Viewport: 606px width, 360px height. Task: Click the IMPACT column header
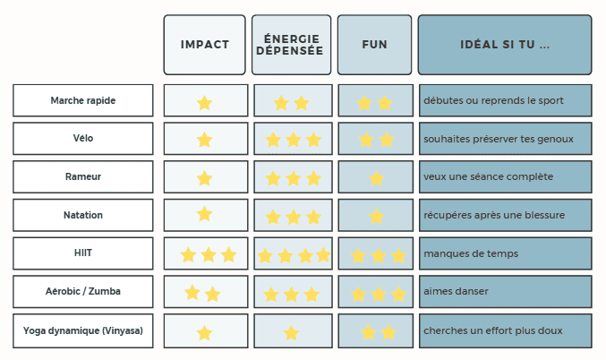coord(204,45)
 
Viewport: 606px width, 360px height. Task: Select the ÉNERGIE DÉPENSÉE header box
coord(292,45)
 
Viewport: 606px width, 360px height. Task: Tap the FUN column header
coord(374,45)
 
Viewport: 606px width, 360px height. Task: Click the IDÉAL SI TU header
coord(505,45)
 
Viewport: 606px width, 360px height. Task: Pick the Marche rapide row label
coord(83,100)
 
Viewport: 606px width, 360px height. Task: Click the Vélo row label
coord(83,139)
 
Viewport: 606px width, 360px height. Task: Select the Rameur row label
coord(83,176)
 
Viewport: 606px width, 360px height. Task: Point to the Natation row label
coord(83,215)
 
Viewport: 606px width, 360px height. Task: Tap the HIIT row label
coord(83,253)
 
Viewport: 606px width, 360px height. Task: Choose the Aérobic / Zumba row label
coord(83,291)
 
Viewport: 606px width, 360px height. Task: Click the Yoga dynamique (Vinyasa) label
coord(83,330)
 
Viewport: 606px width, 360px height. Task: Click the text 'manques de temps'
coord(471,253)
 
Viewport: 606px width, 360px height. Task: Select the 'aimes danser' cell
coord(506,292)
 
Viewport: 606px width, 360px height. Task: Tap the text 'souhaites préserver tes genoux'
coord(499,139)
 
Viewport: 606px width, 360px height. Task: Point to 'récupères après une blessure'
coord(494,215)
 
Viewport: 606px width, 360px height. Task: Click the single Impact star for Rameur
coord(204,178)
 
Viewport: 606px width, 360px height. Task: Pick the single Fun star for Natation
coord(376,216)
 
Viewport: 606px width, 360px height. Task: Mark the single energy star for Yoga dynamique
coord(291,333)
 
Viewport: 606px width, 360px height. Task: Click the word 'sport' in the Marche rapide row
coord(550,100)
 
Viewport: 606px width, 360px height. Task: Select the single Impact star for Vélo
coord(204,140)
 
